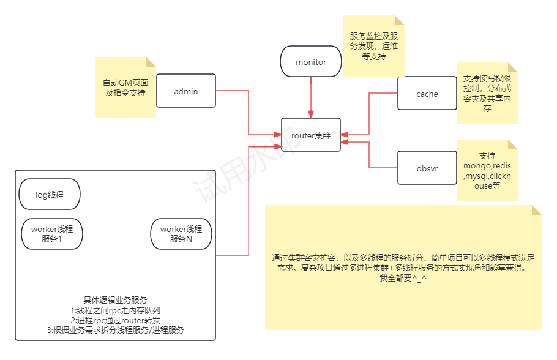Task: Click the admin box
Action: [186, 92]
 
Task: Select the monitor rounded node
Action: [311, 62]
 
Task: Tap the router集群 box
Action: [311, 135]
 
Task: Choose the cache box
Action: [427, 94]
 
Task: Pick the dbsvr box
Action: [427, 167]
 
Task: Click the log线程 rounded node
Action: [50, 195]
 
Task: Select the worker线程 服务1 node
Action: [52, 234]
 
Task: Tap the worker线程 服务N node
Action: [181, 234]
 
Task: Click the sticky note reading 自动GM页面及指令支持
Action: [125, 87]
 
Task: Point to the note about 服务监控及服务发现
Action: [373, 46]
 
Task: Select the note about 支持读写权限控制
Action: [487, 93]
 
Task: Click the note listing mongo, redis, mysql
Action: [487, 170]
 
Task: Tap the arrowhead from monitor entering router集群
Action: [311, 114]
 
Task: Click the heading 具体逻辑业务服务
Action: [115, 300]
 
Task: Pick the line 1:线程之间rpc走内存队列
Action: [115, 310]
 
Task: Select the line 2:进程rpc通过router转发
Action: [115, 320]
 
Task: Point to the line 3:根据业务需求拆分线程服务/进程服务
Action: [115, 329]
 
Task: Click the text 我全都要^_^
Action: [403, 278]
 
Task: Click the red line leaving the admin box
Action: [233, 91]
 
